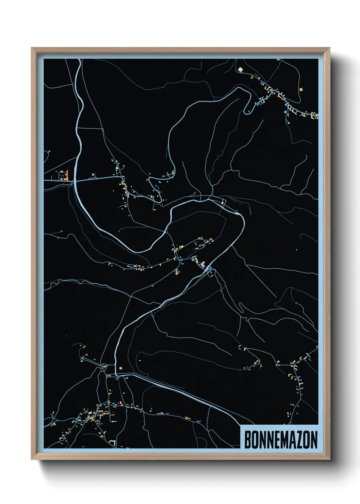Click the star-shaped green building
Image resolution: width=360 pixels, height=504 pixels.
pyautogui.click(x=240, y=69)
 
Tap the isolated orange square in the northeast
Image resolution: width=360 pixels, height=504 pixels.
pyautogui.click(x=301, y=90)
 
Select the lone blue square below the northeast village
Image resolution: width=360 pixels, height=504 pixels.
pyautogui.click(x=285, y=111)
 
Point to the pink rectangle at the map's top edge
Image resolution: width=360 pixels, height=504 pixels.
pyautogui.click(x=278, y=60)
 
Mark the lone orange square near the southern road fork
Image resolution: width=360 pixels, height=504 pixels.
pyautogui.click(x=120, y=368)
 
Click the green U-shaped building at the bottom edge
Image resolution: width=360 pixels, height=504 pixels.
pyautogui.click(x=113, y=443)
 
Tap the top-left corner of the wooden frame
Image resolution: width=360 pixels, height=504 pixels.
pyautogui.click(x=32, y=48)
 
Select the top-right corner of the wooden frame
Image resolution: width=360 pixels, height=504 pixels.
pyautogui.click(x=329, y=48)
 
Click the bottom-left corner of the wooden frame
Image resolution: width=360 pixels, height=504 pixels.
pyautogui.click(x=32, y=459)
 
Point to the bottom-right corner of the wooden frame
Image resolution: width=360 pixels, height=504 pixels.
pyautogui.click(x=329, y=459)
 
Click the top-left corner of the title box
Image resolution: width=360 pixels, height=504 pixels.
pyautogui.click(x=241, y=425)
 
